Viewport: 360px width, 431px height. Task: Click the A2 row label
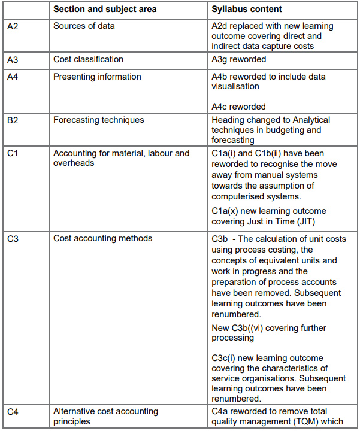tap(13, 26)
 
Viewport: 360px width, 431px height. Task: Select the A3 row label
tap(13, 60)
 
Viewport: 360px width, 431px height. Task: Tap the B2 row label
tap(13, 120)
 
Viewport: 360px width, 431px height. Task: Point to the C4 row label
tap(13, 411)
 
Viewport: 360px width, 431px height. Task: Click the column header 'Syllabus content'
tap(247, 10)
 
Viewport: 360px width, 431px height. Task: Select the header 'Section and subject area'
tap(105, 10)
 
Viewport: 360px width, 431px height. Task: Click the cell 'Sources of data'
tap(84, 26)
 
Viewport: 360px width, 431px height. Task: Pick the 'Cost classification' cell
tap(88, 60)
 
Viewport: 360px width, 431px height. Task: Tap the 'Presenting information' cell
tap(97, 77)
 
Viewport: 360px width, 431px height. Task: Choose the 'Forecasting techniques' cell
tap(98, 120)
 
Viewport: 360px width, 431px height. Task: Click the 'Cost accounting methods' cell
tap(102, 239)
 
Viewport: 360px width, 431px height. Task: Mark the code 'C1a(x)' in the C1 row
tap(226, 211)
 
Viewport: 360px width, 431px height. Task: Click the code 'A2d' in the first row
tap(220, 26)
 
